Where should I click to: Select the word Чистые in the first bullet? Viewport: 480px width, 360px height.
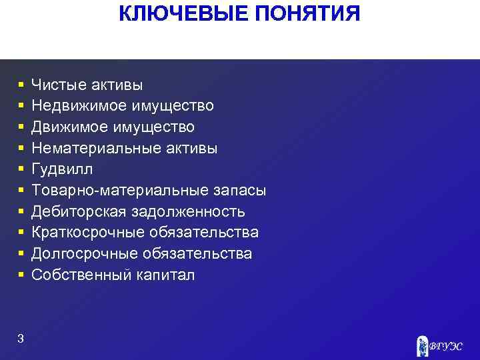click(59, 85)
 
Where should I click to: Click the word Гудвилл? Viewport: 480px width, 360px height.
click(63, 169)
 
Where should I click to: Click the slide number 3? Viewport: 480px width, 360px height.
click(21, 339)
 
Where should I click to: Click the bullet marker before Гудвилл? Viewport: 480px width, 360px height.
click(21, 169)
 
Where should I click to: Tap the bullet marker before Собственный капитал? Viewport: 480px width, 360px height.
click(21, 275)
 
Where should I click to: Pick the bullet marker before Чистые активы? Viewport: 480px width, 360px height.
click(21, 85)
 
